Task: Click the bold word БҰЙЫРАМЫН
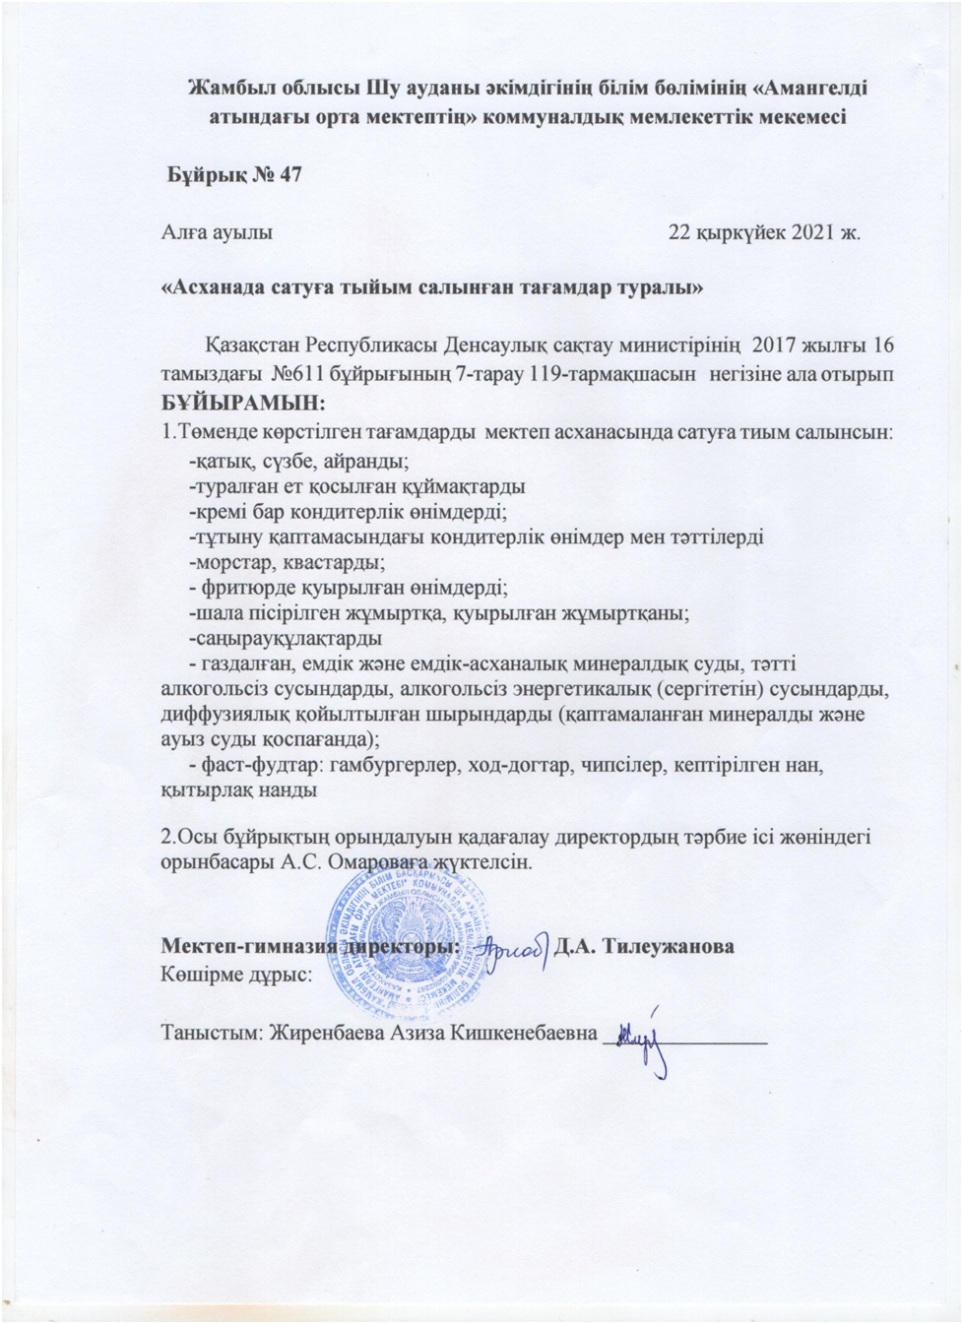242,403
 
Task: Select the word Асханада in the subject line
215,289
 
